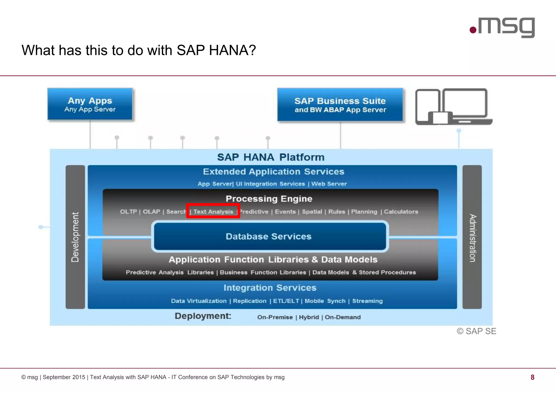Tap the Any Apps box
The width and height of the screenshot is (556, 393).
tap(90, 104)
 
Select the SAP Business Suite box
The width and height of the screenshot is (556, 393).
tap(340, 105)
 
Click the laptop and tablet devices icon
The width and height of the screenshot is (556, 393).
tap(453, 107)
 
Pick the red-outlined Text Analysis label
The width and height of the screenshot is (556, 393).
tap(213, 211)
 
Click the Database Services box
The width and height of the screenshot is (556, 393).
tap(269, 236)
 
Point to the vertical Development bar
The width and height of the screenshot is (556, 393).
tap(75, 237)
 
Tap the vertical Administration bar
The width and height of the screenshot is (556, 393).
tap(472, 237)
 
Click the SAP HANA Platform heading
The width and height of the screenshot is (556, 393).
tap(271, 157)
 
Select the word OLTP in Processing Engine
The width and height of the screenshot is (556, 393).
tap(128, 212)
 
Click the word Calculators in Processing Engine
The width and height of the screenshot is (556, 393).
tap(401, 212)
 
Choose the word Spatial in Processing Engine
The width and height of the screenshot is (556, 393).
tap(312, 212)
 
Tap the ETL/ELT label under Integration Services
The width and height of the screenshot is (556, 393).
tap(286, 301)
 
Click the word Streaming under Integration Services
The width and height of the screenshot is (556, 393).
tap(367, 301)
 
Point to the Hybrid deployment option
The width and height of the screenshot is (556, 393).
tap(309, 317)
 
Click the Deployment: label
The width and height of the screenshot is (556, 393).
tap(203, 316)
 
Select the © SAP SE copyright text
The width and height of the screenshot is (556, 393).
tap(476, 331)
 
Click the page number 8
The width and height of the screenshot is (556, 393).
tap(532, 377)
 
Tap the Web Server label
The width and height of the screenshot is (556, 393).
tap(329, 184)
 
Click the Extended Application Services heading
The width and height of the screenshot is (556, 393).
tap(273, 172)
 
